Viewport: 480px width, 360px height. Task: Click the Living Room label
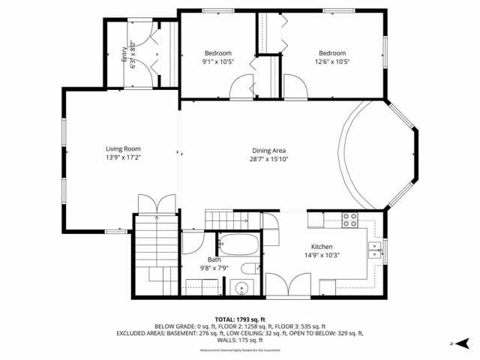click(123, 148)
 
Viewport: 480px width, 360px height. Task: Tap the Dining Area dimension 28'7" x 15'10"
click(269, 159)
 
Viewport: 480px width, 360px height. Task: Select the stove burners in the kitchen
click(349, 220)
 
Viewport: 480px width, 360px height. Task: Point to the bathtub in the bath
click(238, 244)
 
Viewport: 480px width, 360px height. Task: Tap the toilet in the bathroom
click(248, 270)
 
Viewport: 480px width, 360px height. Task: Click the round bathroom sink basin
click(240, 287)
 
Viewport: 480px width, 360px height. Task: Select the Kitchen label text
click(322, 247)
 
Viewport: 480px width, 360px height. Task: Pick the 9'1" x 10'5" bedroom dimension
click(218, 62)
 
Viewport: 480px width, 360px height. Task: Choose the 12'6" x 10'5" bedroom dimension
click(332, 62)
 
